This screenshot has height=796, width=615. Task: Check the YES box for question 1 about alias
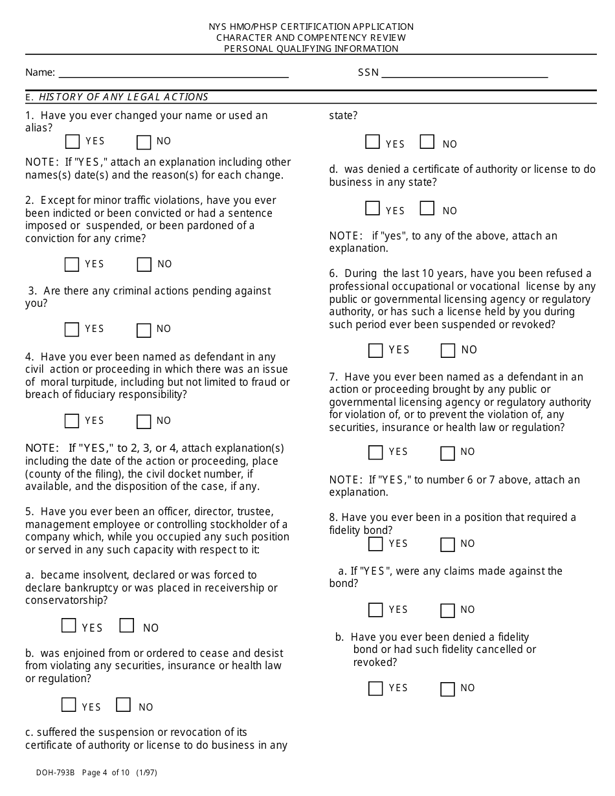pyautogui.click(x=73, y=142)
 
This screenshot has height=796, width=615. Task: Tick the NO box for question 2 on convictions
pyautogui.click(x=144, y=264)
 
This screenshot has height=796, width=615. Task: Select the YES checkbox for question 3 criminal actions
pyautogui.click(x=72, y=329)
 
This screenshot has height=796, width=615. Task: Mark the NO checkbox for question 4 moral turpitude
pyautogui.click(x=144, y=421)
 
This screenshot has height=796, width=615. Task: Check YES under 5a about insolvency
pyautogui.click(x=69, y=626)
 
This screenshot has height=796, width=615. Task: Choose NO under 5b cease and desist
pyautogui.click(x=123, y=705)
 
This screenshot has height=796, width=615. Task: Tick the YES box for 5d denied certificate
pyautogui.click(x=372, y=208)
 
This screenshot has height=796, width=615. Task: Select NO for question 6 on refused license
pyautogui.click(x=447, y=351)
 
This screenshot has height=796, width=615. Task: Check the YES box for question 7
pyautogui.click(x=375, y=452)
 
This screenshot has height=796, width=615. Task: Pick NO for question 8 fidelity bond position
pyautogui.click(x=447, y=544)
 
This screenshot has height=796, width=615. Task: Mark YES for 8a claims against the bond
pyautogui.click(x=375, y=610)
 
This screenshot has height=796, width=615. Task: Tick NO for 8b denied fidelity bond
pyautogui.click(x=447, y=689)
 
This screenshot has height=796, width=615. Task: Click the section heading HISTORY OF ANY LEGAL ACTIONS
pyautogui.click(x=124, y=97)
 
